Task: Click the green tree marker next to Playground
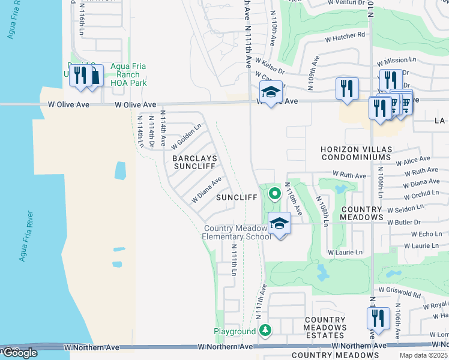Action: click(x=265, y=331)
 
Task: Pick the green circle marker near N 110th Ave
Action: click(x=274, y=193)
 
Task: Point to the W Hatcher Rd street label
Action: click(x=345, y=35)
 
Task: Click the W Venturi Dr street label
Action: click(x=348, y=2)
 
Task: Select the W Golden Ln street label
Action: click(x=185, y=136)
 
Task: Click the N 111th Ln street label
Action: click(x=234, y=262)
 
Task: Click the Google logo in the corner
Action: click(x=19, y=353)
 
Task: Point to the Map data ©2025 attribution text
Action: click(x=423, y=355)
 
